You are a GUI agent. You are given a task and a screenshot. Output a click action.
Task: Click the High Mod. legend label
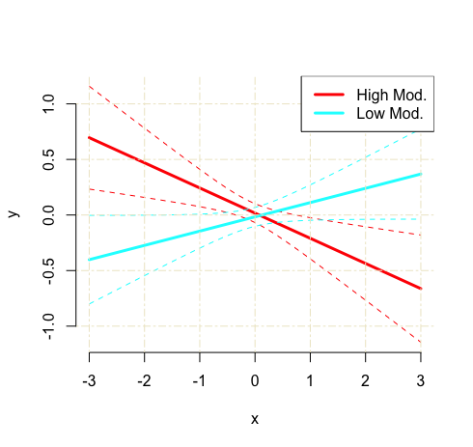point(391,95)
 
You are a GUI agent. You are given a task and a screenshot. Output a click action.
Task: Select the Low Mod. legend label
point(390,114)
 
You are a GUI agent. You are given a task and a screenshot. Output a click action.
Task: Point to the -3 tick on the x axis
point(90,379)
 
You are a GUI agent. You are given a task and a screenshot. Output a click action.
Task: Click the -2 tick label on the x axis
point(145,379)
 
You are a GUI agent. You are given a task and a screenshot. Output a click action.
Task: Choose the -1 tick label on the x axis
point(200,379)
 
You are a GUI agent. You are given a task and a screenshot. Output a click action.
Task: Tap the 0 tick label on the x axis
point(256,379)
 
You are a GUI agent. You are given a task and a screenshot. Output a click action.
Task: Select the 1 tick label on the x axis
point(311,379)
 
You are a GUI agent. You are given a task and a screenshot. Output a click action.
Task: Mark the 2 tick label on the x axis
point(366,379)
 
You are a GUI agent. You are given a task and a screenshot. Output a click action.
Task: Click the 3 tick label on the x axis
point(421,379)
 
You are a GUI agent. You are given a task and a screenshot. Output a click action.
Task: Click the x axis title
point(255,419)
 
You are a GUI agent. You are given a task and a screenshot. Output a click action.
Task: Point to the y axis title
point(14,214)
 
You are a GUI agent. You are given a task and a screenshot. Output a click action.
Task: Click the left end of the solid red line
point(90,137)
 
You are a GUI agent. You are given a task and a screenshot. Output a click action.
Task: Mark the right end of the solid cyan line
point(421,174)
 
